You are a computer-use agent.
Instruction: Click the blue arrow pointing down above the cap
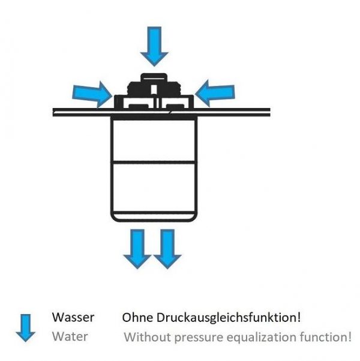pos(154,46)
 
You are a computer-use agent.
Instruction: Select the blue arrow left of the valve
pos(92,94)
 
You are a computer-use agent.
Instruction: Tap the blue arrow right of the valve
pos(215,93)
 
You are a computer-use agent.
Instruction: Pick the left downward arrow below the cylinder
pos(137,249)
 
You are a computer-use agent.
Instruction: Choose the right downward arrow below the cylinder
pos(167,249)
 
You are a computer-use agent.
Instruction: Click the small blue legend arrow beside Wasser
pos(26,328)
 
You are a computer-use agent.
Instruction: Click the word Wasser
pos(73,317)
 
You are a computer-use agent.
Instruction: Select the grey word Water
pos(70,336)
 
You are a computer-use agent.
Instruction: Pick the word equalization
pos(262,338)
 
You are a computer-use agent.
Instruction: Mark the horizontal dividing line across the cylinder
pos(154,162)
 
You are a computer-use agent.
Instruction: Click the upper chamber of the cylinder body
pos(154,140)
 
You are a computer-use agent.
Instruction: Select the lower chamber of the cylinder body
pos(154,187)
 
